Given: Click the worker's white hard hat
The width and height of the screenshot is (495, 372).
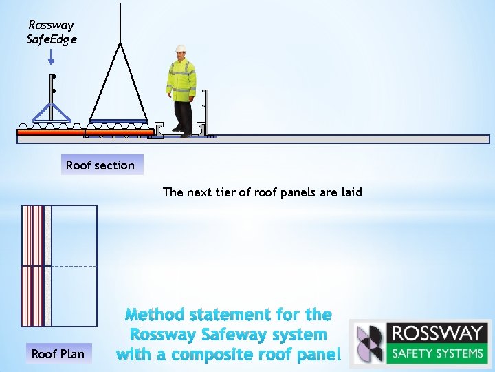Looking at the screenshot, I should click(x=181, y=48).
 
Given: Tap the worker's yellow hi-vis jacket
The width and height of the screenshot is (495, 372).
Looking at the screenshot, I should click(x=181, y=79).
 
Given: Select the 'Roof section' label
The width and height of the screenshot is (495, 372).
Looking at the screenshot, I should click(x=100, y=165).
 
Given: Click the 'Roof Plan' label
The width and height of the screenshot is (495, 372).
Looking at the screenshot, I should click(x=58, y=354).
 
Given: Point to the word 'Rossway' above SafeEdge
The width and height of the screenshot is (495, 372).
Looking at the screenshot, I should click(x=52, y=25).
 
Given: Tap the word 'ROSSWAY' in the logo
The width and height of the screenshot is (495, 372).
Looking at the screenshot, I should click(x=437, y=333).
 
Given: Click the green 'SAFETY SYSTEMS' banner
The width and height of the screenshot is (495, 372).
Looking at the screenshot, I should click(x=437, y=354).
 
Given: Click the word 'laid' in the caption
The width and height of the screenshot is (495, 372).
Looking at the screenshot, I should click(x=351, y=192).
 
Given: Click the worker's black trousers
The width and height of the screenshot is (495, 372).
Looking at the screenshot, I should click(x=183, y=114).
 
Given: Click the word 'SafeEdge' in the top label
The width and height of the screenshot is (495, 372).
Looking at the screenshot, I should click(x=52, y=39).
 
